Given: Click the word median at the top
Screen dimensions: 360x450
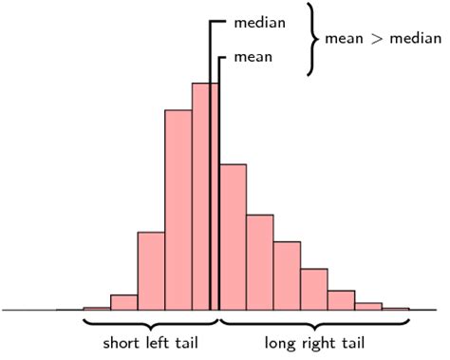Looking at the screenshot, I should tap(259, 22).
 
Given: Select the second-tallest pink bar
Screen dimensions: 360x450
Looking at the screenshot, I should tap(178, 209).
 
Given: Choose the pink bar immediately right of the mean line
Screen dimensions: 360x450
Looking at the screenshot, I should tap(233, 237).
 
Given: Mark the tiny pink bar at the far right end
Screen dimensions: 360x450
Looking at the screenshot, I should tap(395, 308).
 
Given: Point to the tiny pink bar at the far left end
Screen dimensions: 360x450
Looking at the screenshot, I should tap(96, 308).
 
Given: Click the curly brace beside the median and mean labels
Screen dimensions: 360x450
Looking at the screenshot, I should tap(310, 39).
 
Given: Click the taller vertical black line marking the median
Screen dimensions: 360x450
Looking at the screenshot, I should tap(210, 142).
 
